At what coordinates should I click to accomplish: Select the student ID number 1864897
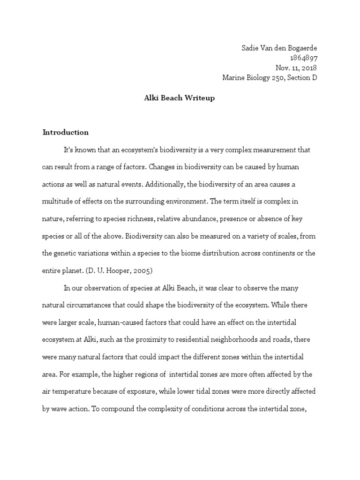304,58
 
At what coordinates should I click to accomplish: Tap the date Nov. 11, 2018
296,67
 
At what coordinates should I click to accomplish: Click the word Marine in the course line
234,78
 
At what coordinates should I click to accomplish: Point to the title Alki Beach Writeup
180,98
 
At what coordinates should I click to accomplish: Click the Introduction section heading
66,132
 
